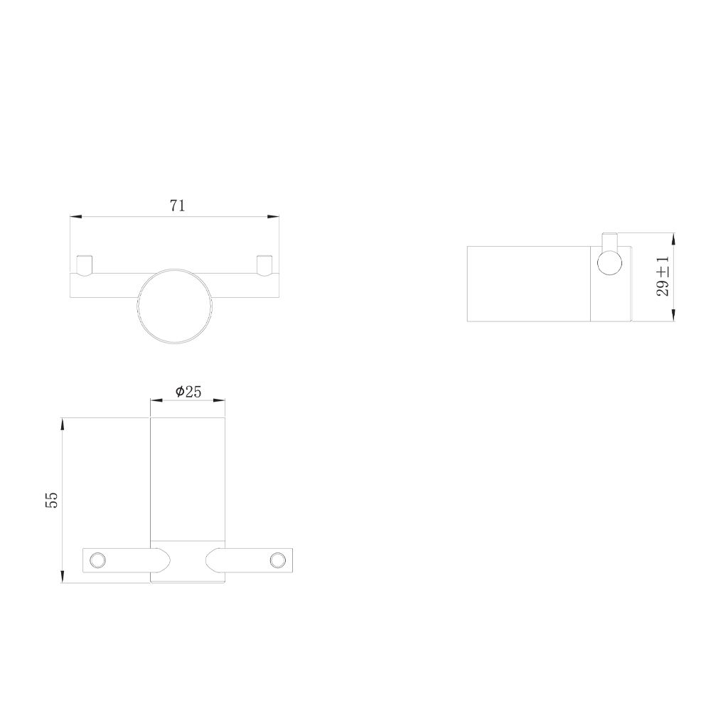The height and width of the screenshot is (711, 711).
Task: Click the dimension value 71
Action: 178,206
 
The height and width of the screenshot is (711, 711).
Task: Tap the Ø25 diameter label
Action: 188,391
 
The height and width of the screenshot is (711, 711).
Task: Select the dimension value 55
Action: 52,500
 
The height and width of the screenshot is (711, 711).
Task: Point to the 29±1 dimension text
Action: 663,276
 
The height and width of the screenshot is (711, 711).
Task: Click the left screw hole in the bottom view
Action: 97,560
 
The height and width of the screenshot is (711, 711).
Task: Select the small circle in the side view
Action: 610,264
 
